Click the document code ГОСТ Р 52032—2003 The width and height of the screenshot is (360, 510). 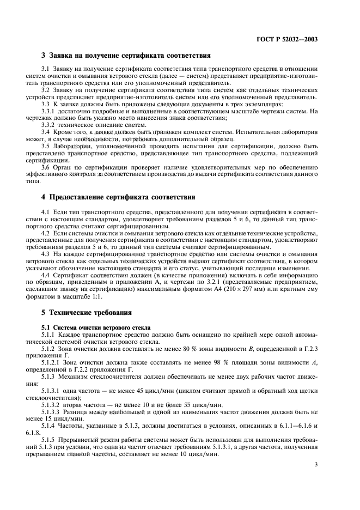(288, 39)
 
